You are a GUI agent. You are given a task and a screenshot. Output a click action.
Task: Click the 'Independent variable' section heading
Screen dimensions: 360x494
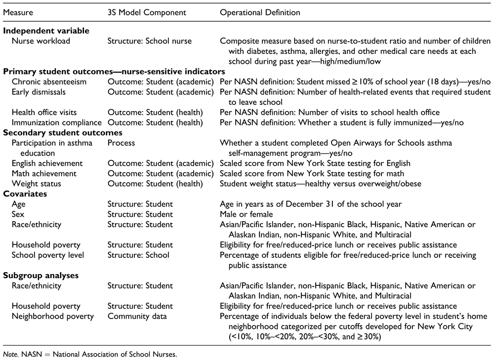(46, 31)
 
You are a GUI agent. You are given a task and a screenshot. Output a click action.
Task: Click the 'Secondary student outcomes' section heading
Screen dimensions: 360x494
(63, 133)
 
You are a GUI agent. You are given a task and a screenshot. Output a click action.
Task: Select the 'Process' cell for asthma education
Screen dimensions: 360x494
(121, 143)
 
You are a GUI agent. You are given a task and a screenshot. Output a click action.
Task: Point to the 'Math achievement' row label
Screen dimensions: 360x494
(44, 173)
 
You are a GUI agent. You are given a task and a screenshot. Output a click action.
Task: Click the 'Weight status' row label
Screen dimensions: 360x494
(37, 184)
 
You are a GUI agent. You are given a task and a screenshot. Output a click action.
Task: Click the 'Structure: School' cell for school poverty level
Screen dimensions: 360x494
(138, 255)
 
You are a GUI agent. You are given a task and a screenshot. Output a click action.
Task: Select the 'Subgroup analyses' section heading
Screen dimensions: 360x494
(43, 276)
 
